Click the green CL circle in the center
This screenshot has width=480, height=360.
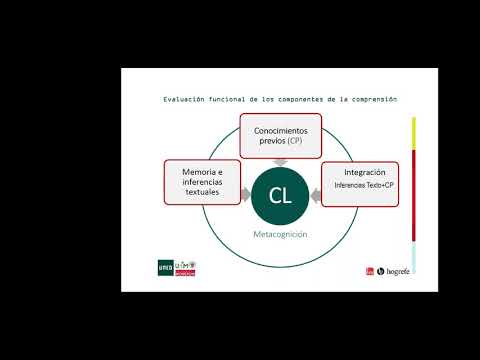(280, 195)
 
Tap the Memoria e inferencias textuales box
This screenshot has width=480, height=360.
(202, 182)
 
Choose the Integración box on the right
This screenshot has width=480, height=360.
(360, 183)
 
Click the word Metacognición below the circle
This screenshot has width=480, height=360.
(280, 234)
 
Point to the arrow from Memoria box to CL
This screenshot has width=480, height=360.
(245, 196)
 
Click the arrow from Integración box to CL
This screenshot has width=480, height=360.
(316, 196)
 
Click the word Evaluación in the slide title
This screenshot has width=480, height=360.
(184, 99)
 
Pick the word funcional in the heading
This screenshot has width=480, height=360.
(231, 99)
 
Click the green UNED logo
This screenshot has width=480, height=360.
(165, 268)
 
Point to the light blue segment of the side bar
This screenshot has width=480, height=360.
(414, 258)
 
